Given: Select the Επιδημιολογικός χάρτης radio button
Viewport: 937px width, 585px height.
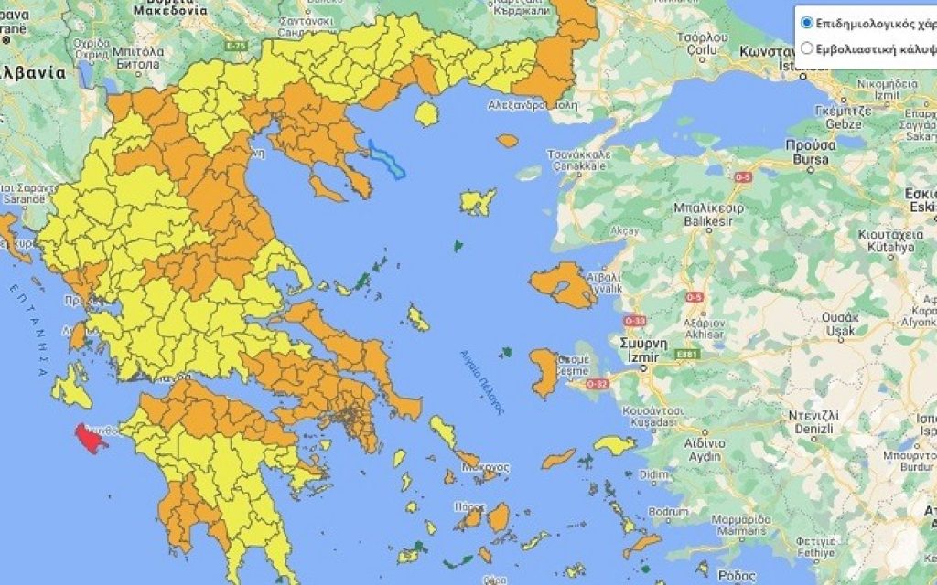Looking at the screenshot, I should [x=806, y=22].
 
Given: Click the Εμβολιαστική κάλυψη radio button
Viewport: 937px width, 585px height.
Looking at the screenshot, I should [x=806, y=48].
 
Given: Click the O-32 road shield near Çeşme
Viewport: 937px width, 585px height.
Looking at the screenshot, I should [x=597, y=383].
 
